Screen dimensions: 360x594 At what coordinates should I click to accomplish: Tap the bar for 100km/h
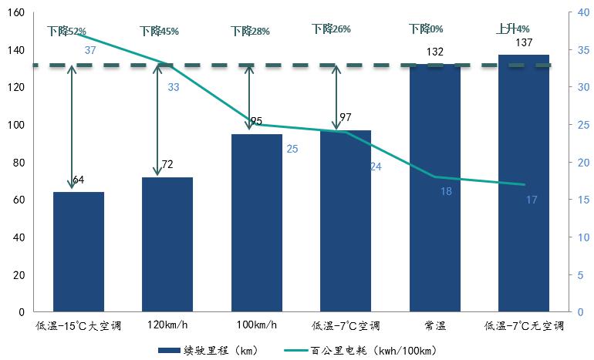(x=257, y=224)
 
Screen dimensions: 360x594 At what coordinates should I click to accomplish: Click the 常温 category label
(x=435, y=326)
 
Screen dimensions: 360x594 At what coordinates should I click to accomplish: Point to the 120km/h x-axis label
(x=167, y=326)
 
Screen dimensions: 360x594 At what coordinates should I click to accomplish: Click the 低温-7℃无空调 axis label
(x=524, y=326)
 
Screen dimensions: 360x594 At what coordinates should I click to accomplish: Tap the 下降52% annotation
(x=66, y=32)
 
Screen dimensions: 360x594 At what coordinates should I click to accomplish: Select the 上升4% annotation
(x=512, y=29)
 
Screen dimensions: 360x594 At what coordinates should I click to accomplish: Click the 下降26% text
(x=331, y=29)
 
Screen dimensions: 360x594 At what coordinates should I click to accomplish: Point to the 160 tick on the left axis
(x=15, y=13)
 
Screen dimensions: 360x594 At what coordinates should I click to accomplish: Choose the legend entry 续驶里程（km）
(x=208, y=351)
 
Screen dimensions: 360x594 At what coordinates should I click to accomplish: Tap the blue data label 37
(x=90, y=51)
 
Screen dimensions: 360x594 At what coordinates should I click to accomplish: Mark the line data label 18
(x=446, y=190)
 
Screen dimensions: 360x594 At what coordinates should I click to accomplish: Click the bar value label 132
(x=435, y=52)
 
